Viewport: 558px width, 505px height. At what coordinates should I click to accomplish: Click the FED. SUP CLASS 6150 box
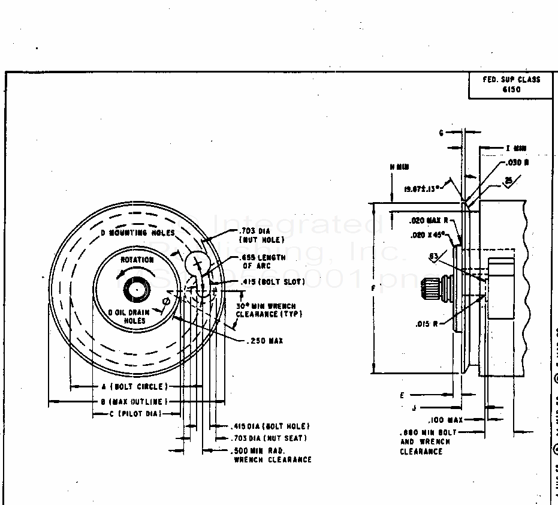[x=511, y=85]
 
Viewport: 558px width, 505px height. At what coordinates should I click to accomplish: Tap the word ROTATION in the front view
[x=137, y=260]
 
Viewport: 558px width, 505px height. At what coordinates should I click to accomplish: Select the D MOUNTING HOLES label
[x=138, y=233]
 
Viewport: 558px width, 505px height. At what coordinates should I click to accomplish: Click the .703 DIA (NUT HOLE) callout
[x=262, y=235]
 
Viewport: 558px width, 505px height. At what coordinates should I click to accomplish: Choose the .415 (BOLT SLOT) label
[x=272, y=282]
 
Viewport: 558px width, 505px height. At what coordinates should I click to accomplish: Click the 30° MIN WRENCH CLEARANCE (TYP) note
[x=269, y=310]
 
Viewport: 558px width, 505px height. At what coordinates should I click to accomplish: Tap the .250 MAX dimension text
[x=264, y=341]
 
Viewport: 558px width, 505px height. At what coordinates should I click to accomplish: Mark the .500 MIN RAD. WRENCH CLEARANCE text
[x=272, y=455]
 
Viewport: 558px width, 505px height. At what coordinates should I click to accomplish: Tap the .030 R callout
[x=517, y=162]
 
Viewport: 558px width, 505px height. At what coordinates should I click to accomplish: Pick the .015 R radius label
[x=427, y=324]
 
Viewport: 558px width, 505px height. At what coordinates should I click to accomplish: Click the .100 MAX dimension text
[x=445, y=420]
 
